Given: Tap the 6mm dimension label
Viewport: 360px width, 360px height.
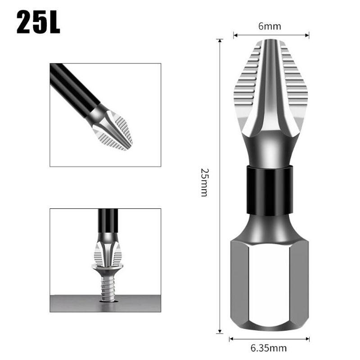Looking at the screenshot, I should (270, 26).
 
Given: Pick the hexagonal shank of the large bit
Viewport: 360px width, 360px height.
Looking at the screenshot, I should (269, 283).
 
